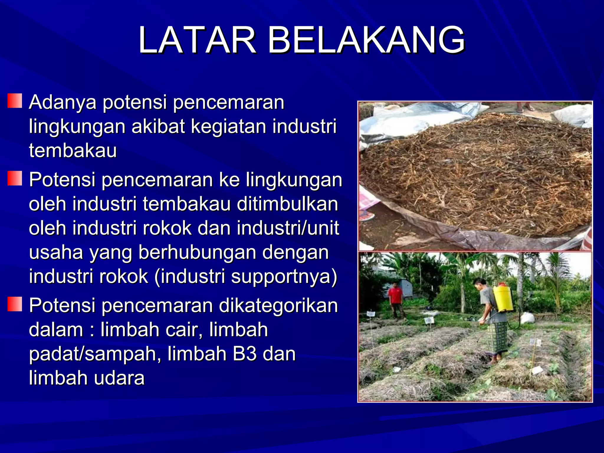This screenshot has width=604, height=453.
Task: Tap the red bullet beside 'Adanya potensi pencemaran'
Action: coord(15,101)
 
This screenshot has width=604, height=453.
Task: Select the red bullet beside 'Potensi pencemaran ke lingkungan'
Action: coord(15,178)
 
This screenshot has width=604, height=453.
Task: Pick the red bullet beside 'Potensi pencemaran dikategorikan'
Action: coord(15,304)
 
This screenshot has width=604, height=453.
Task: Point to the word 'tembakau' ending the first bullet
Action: coord(73,151)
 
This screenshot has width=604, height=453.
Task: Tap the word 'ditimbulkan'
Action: coord(288,204)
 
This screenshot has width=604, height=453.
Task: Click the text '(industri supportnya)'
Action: coord(246,277)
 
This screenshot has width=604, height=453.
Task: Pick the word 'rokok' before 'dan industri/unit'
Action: coord(167,228)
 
